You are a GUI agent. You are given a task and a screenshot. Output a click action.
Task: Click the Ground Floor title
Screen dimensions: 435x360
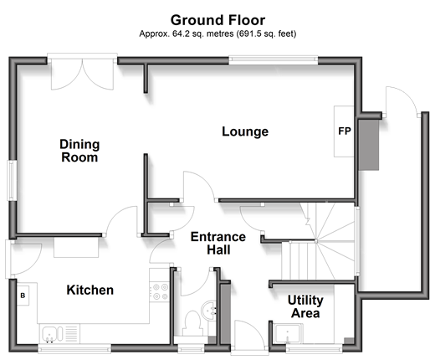(217, 20)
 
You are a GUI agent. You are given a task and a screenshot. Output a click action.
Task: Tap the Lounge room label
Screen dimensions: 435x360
(245, 131)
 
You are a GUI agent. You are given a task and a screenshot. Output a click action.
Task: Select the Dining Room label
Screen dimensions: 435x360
(79, 151)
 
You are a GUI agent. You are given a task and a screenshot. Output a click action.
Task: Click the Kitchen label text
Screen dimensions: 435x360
(90, 290)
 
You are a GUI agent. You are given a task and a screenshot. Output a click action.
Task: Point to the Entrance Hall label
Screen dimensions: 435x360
(218, 243)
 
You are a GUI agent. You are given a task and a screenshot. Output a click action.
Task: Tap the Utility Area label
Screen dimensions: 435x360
(305, 306)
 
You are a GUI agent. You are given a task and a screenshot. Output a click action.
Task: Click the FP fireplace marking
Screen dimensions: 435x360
(345, 131)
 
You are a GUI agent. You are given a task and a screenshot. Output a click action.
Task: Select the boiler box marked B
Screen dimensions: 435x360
(23, 296)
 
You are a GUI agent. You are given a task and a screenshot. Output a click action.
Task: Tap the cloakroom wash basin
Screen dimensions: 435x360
(208, 310)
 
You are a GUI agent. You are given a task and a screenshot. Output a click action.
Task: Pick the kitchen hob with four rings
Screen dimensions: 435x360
(160, 291)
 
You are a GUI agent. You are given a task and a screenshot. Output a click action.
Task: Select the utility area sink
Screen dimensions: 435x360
(288, 333)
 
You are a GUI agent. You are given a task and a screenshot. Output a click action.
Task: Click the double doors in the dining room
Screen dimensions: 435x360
(82, 73)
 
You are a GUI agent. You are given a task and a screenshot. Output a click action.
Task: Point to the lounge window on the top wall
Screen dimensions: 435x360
(274, 60)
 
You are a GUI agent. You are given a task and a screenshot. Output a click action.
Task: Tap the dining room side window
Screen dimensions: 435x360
(12, 180)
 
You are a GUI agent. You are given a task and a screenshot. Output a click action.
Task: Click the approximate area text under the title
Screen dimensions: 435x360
(217, 33)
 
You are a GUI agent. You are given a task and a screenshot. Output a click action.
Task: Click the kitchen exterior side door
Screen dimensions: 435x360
(23, 259)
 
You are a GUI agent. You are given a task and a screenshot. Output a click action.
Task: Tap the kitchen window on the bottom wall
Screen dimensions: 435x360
(74, 348)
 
